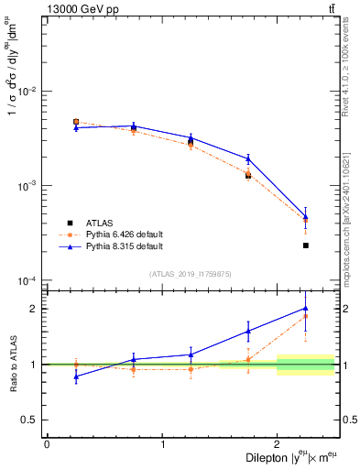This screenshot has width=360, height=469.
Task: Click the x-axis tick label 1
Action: pos(163,445)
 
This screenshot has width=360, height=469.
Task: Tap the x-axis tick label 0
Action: pos(47,445)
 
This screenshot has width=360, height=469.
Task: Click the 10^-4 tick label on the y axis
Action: pos(27,280)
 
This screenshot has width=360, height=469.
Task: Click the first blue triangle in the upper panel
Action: pos(76,127)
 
